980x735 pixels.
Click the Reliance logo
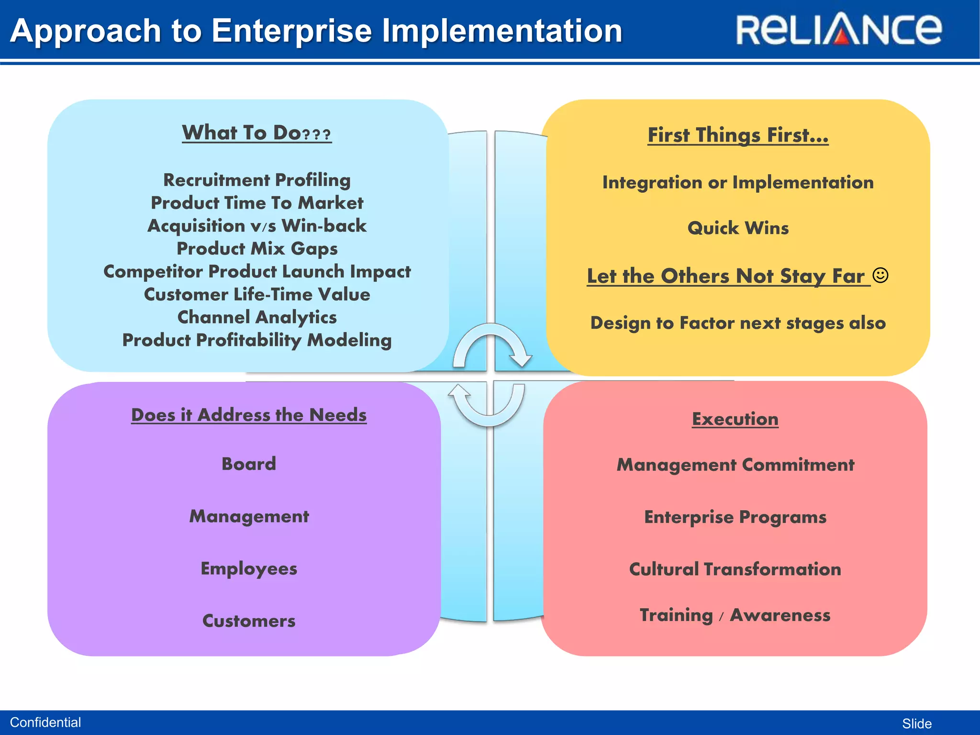click(838, 30)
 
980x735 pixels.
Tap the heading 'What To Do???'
click(256, 133)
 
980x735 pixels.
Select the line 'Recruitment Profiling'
click(256, 180)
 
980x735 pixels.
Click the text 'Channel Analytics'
click(256, 317)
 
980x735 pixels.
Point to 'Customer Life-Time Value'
click(256, 294)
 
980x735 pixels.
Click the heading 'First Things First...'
click(737, 135)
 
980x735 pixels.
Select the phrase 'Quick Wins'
click(737, 228)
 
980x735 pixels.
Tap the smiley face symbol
click(880, 275)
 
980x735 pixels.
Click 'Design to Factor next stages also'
click(737, 323)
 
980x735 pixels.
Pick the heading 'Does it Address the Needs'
click(248, 415)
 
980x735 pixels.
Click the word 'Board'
click(248, 464)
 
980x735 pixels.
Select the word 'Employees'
click(248, 568)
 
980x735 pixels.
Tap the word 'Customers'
click(248, 621)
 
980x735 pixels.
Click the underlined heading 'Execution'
click(735, 419)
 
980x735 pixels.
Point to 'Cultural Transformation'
click(735, 569)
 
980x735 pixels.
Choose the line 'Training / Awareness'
click(735, 615)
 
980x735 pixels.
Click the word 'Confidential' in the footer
click(45, 722)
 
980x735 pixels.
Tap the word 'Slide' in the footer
click(916, 724)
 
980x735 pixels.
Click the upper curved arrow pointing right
click(493, 342)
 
